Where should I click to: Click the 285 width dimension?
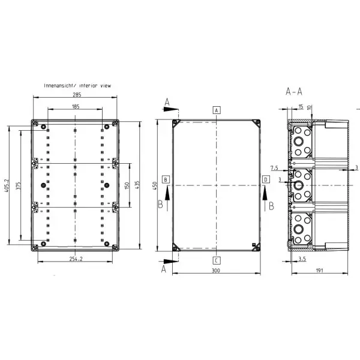(x=77, y=94)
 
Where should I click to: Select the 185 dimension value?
(x=76, y=106)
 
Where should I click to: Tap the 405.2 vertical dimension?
(x=6, y=185)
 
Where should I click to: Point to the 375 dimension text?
(x=19, y=186)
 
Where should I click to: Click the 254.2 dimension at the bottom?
(x=76, y=259)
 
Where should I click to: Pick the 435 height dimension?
(x=137, y=185)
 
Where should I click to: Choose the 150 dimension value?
(x=127, y=185)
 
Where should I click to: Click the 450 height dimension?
(x=155, y=185)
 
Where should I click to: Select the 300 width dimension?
(x=216, y=271)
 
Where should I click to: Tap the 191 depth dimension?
(x=319, y=271)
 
